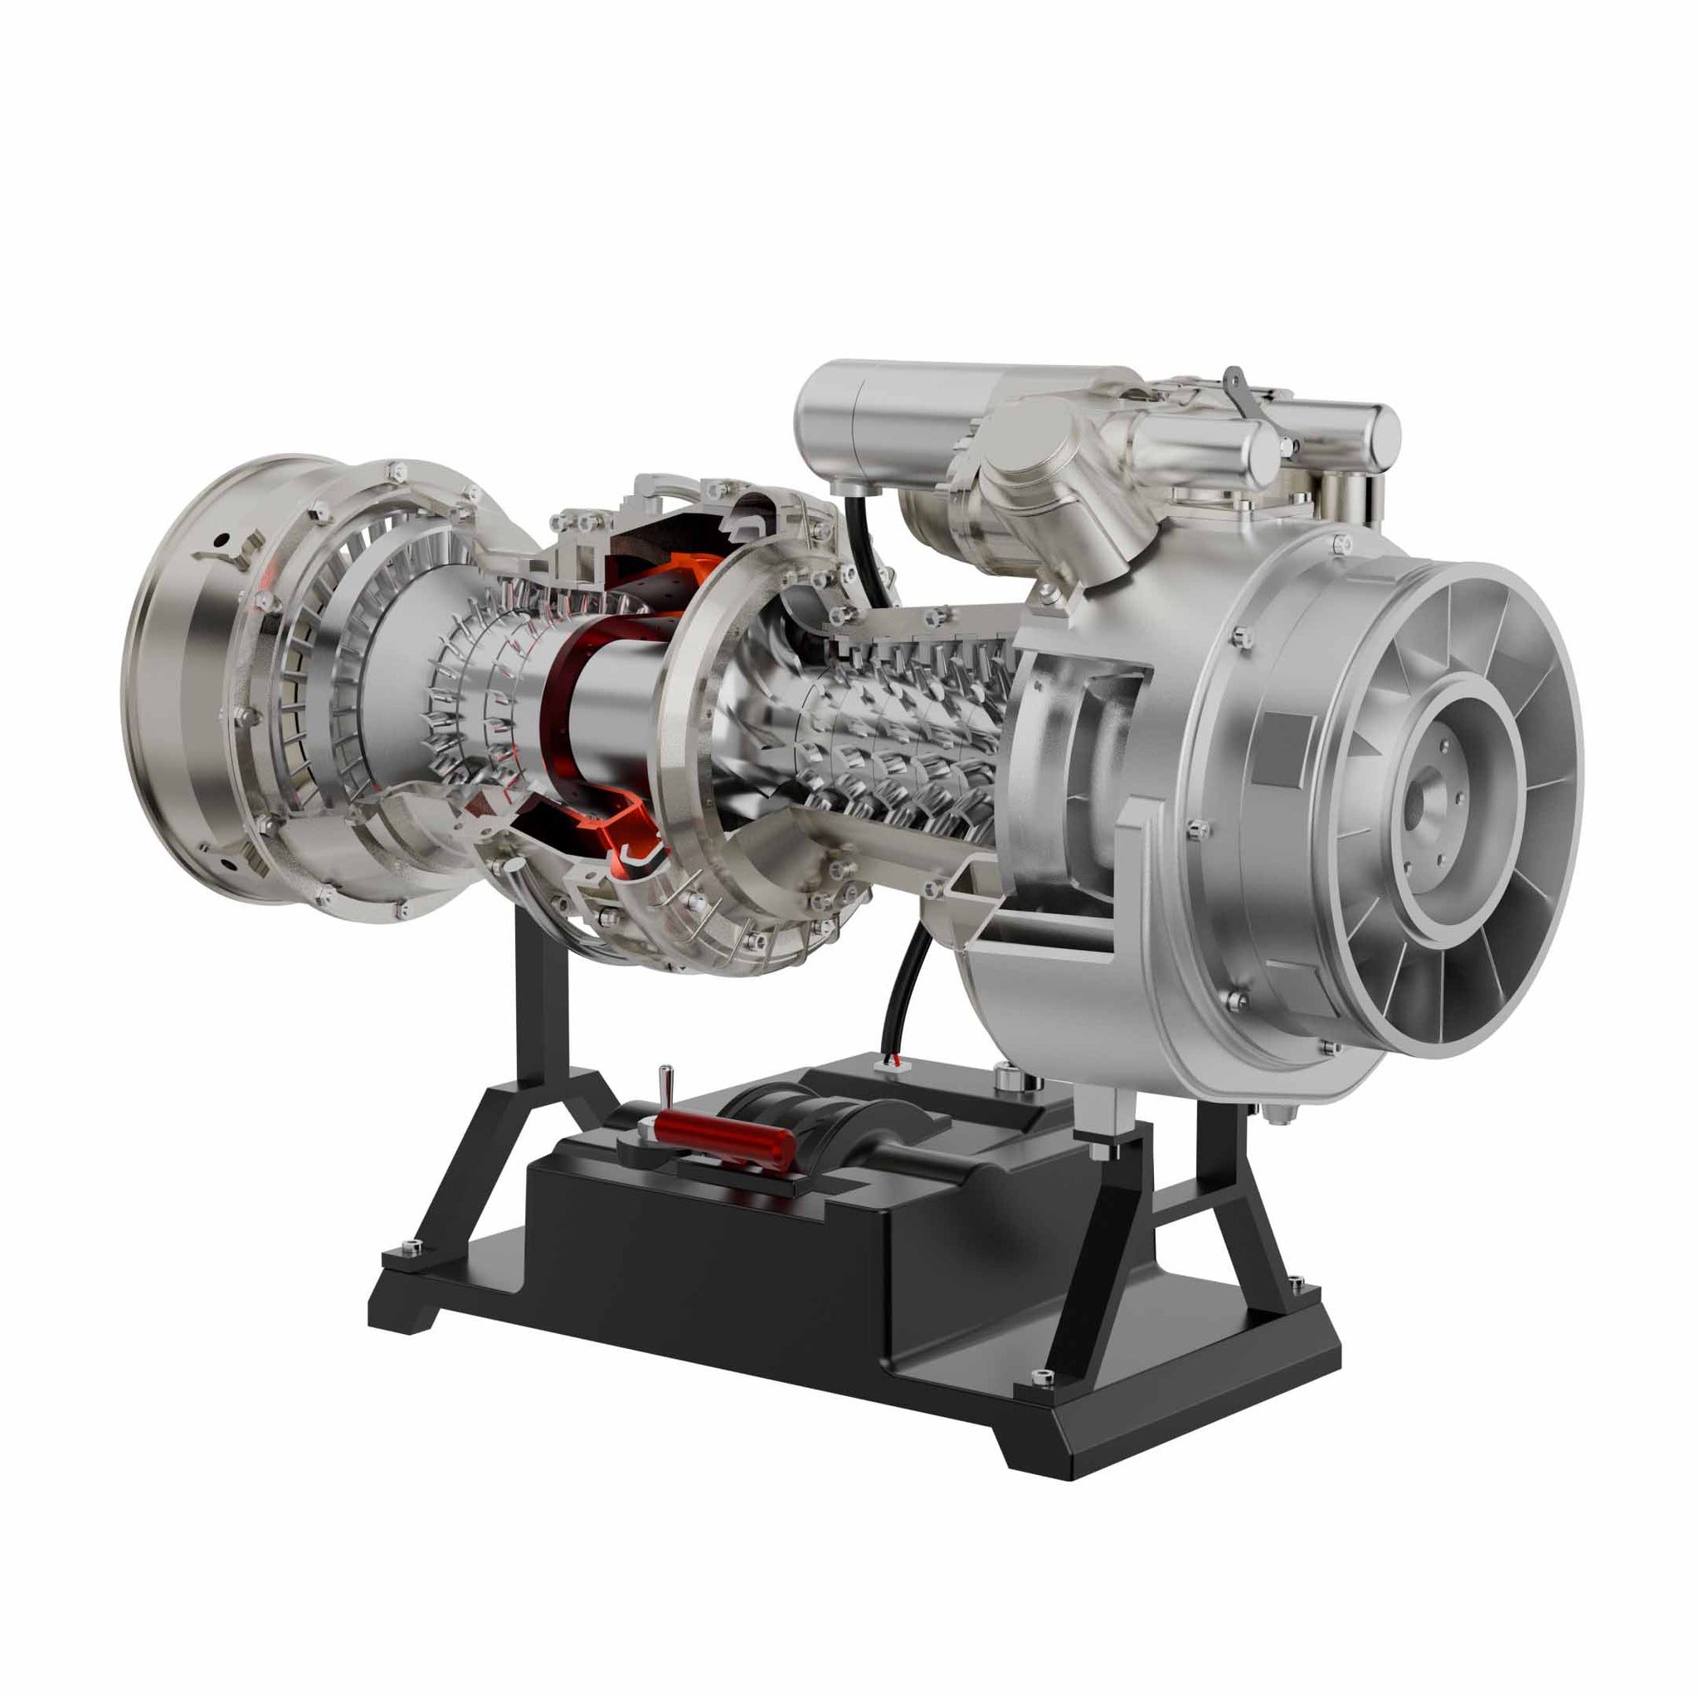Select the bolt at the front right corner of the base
pyautogui.click(x=1041, y=1377)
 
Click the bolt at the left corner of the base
pyautogui.click(x=411, y=1245)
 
